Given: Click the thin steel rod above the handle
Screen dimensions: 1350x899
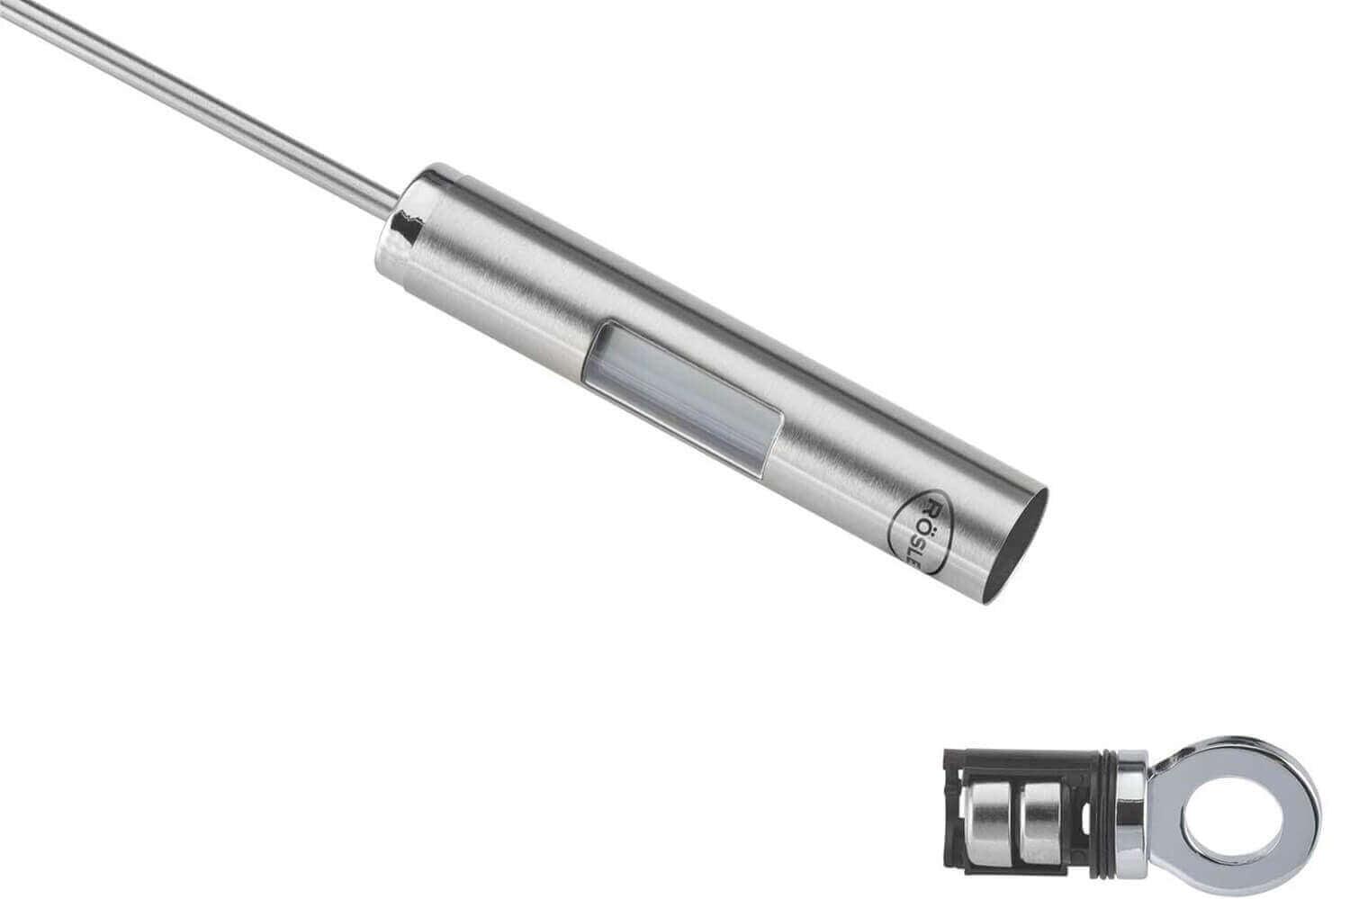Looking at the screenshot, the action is click(x=199, y=109).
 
